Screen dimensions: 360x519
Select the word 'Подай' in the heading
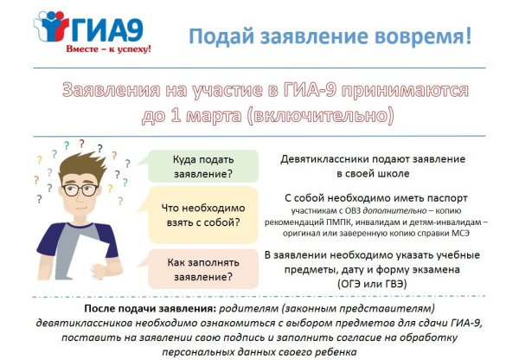[216, 36]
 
